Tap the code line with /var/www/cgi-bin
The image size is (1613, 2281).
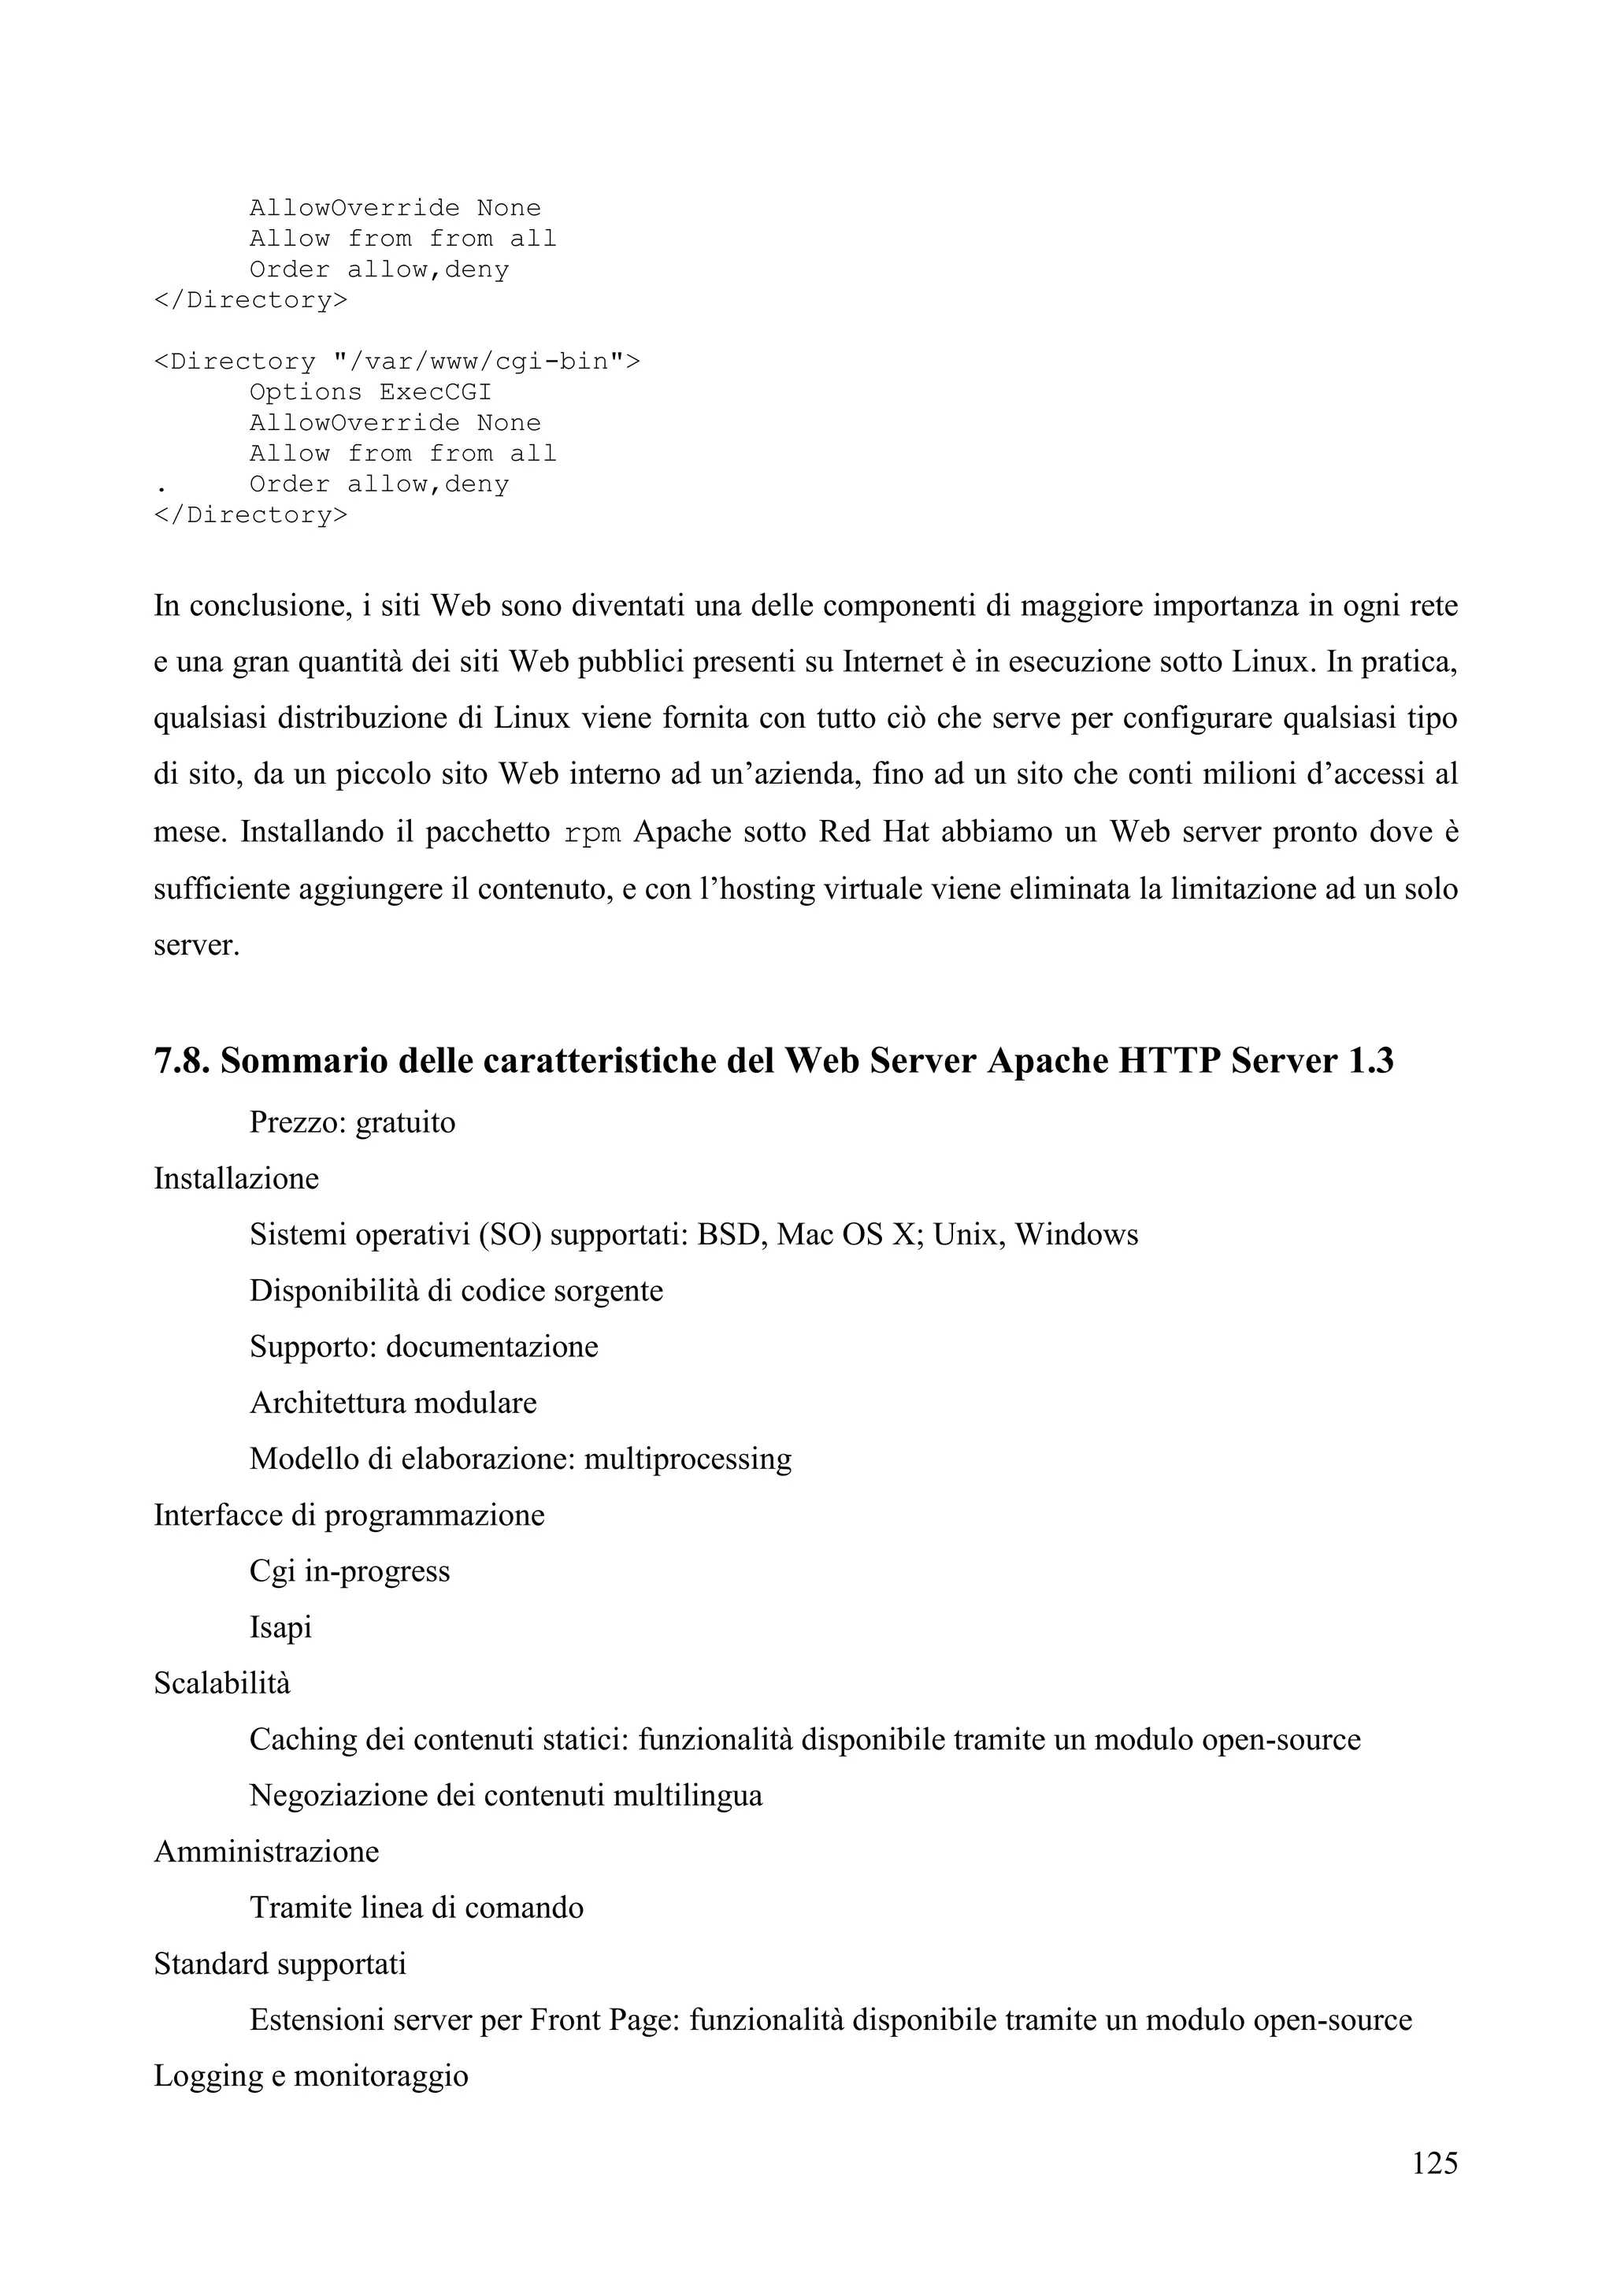[x=396, y=362]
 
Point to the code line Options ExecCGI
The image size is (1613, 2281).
[x=369, y=392]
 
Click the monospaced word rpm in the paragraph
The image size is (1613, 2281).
[x=592, y=832]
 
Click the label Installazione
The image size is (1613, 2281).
[x=236, y=1178]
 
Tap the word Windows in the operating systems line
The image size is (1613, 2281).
[x=1077, y=1235]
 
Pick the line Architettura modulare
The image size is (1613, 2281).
[x=392, y=1403]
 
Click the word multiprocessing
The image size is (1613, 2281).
[x=688, y=1459]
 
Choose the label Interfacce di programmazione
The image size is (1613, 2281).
[x=349, y=1515]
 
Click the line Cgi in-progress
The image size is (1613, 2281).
[x=350, y=1571]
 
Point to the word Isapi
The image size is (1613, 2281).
[x=280, y=1627]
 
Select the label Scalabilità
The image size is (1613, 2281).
[x=221, y=1683]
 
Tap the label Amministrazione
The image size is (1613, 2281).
[x=266, y=1852]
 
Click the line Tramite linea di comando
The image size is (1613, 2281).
[x=416, y=1908]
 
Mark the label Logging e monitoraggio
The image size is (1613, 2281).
[x=311, y=2075]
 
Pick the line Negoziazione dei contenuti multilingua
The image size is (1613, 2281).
[x=506, y=1795]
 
